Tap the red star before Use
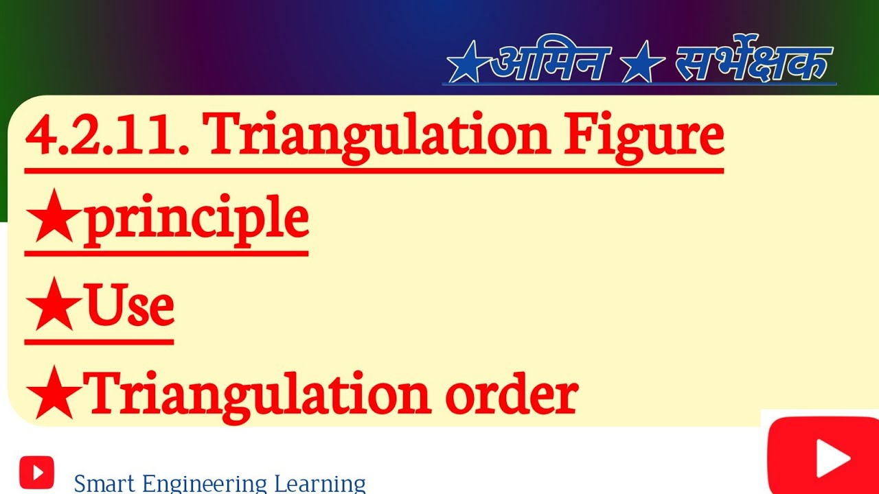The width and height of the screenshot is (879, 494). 54,308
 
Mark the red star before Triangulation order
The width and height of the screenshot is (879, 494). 54,396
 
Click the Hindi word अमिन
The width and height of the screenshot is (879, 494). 549,63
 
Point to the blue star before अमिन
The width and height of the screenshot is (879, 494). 468,66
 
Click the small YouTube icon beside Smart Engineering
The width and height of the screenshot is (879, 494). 36,472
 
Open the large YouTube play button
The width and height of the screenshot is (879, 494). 823,456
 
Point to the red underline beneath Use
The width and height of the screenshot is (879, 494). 99,340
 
